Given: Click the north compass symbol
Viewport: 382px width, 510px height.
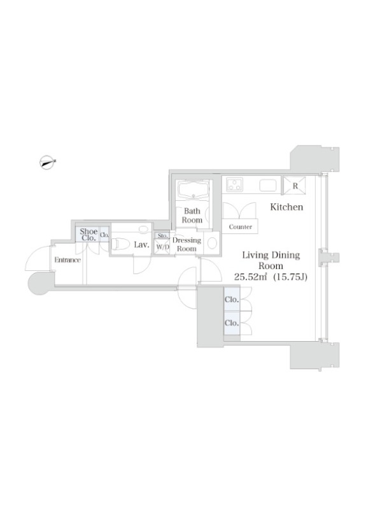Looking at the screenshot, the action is [x=47, y=162].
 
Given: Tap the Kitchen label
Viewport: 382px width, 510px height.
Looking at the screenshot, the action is [x=286, y=207].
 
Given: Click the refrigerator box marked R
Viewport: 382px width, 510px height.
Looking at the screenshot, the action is [x=295, y=186].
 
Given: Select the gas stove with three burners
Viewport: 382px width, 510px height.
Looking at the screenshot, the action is [x=234, y=184].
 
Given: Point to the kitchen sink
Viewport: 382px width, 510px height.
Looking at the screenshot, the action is [x=267, y=185].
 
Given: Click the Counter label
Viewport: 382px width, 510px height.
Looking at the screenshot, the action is [x=241, y=227].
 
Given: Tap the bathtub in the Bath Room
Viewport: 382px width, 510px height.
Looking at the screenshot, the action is [x=193, y=190].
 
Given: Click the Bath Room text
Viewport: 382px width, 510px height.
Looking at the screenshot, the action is [x=192, y=215].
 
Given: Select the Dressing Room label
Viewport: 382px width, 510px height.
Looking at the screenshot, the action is [x=187, y=244].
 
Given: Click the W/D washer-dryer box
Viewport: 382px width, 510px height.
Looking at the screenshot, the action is [x=162, y=247].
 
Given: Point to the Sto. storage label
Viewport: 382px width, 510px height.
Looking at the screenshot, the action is [x=163, y=235].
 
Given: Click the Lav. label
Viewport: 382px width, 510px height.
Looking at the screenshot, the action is [x=141, y=245].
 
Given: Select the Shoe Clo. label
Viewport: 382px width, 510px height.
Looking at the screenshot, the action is [x=88, y=235].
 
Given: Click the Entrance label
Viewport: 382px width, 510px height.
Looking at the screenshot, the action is [x=67, y=260].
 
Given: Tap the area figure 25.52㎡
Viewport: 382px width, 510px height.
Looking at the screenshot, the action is [x=251, y=277].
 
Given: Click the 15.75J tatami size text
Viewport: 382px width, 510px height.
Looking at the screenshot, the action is [x=290, y=277].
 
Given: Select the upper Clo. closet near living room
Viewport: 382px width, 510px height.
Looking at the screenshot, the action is [x=232, y=299].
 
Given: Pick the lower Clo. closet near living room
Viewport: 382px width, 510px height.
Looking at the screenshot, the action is [x=232, y=323].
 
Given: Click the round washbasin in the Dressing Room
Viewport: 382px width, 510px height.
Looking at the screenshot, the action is [x=212, y=243].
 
